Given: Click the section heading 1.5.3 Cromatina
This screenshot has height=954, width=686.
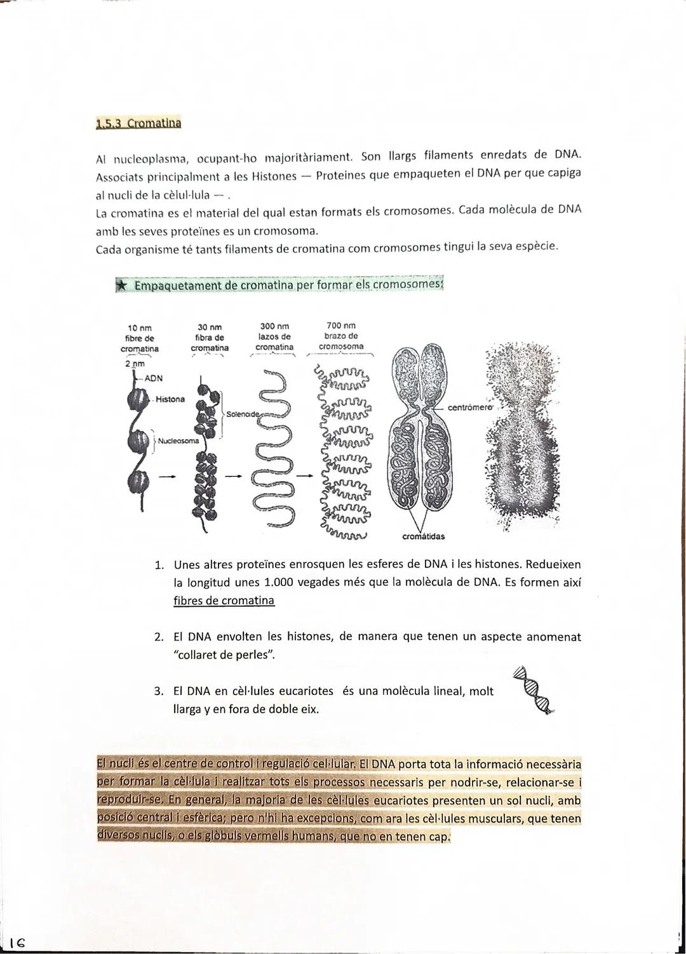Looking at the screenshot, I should click(138, 123).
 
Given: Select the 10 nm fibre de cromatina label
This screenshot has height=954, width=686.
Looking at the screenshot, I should click(139, 338).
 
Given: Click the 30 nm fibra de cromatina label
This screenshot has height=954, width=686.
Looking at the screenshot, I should click(210, 338).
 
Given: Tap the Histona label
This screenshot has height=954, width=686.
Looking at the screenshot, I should click(170, 399).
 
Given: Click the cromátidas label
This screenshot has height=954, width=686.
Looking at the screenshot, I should click(424, 536).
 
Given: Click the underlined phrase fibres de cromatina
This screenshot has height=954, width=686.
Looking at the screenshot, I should click(224, 600).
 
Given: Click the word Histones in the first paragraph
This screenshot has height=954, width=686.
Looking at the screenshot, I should click(274, 176).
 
